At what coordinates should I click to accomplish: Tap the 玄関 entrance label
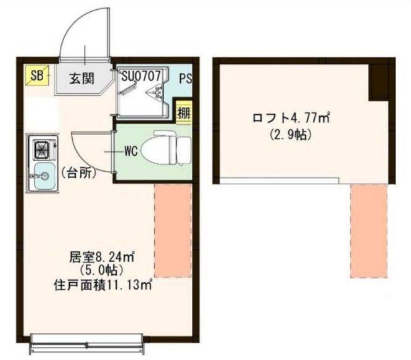point(81,79)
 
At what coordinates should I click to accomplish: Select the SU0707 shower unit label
point(141,76)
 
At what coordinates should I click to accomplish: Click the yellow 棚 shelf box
point(183,113)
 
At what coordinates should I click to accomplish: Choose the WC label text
point(130,149)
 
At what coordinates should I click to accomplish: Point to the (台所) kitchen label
point(78,174)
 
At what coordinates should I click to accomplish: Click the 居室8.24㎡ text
point(102,255)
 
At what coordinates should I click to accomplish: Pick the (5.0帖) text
point(102,270)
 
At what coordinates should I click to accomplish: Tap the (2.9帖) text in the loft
point(290,133)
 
